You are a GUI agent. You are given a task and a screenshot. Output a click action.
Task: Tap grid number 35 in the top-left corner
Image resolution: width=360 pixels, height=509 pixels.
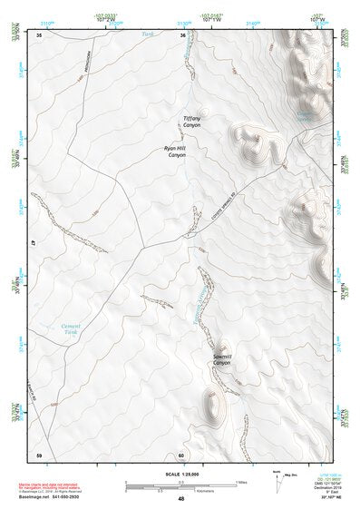tap(39, 35)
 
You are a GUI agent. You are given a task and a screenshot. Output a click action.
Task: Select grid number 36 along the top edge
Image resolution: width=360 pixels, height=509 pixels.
tap(182, 35)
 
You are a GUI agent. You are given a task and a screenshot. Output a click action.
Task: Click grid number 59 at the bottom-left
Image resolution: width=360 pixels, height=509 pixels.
tap(39, 454)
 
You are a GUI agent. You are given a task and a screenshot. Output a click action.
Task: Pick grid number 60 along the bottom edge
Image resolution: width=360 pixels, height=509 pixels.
tap(181, 454)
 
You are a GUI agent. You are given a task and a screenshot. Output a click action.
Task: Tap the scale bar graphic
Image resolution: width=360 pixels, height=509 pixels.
tap(172, 483)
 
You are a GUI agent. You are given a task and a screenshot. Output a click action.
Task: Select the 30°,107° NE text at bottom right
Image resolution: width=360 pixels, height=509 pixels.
tap(329, 499)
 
